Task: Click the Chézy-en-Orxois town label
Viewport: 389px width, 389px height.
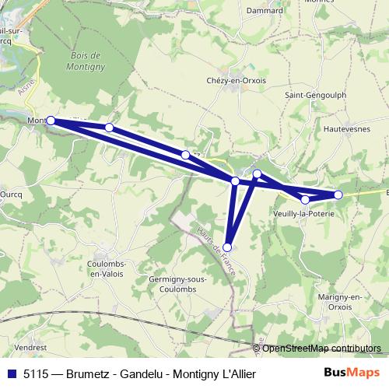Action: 237,82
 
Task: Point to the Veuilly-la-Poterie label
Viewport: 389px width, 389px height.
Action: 306,213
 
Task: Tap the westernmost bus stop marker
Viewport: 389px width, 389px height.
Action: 51,121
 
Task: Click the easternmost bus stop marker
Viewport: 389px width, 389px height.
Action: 338,194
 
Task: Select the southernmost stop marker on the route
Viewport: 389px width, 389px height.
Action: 227,247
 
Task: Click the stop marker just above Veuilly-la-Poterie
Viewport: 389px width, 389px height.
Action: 305,200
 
